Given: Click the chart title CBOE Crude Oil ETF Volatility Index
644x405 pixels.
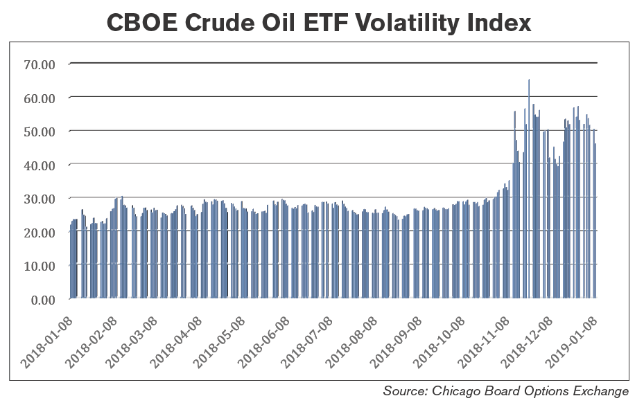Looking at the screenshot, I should [x=320, y=22].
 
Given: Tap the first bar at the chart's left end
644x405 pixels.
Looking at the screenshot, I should [x=71, y=263].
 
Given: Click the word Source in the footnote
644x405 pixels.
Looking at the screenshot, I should [x=403, y=391].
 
